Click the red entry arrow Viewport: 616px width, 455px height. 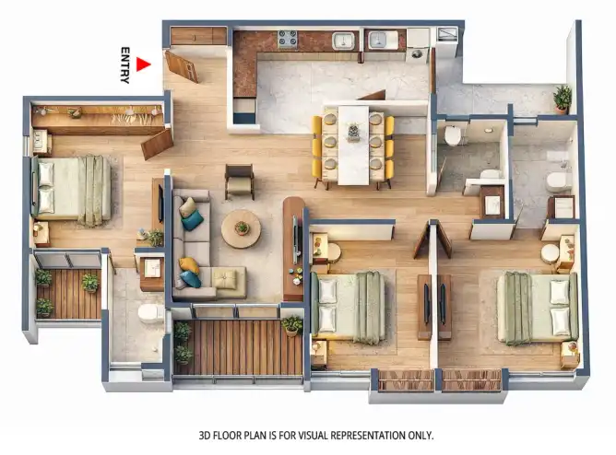pyautogui.click(x=143, y=64)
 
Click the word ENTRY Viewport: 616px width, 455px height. pyautogui.click(x=124, y=65)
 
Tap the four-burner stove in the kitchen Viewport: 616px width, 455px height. pyautogui.click(x=288, y=39)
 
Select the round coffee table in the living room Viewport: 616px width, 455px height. pyautogui.click(x=241, y=228)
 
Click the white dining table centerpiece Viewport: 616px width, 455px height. pyautogui.click(x=353, y=131)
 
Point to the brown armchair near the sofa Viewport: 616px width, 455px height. pyautogui.click(x=239, y=181)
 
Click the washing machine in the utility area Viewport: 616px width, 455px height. pyautogui.click(x=417, y=45)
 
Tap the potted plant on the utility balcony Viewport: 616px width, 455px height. pyautogui.click(x=563, y=99)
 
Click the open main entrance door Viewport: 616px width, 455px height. pyautogui.click(x=182, y=66)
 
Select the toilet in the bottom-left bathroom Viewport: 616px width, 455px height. pyautogui.click(x=151, y=313)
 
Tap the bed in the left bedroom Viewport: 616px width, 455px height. pyautogui.click(x=71, y=190)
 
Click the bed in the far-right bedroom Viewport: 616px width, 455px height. pyautogui.click(x=538, y=309)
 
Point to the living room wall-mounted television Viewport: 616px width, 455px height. pyautogui.click(x=296, y=239)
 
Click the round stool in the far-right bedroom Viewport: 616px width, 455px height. pyautogui.click(x=550, y=253)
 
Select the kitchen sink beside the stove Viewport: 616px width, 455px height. pyautogui.click(x=343, y=41)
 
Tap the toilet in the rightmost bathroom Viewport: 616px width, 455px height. pyautogui.click(x=559, y=181)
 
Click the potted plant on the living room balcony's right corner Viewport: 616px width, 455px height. pyautogui.click(x=292, y=325)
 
